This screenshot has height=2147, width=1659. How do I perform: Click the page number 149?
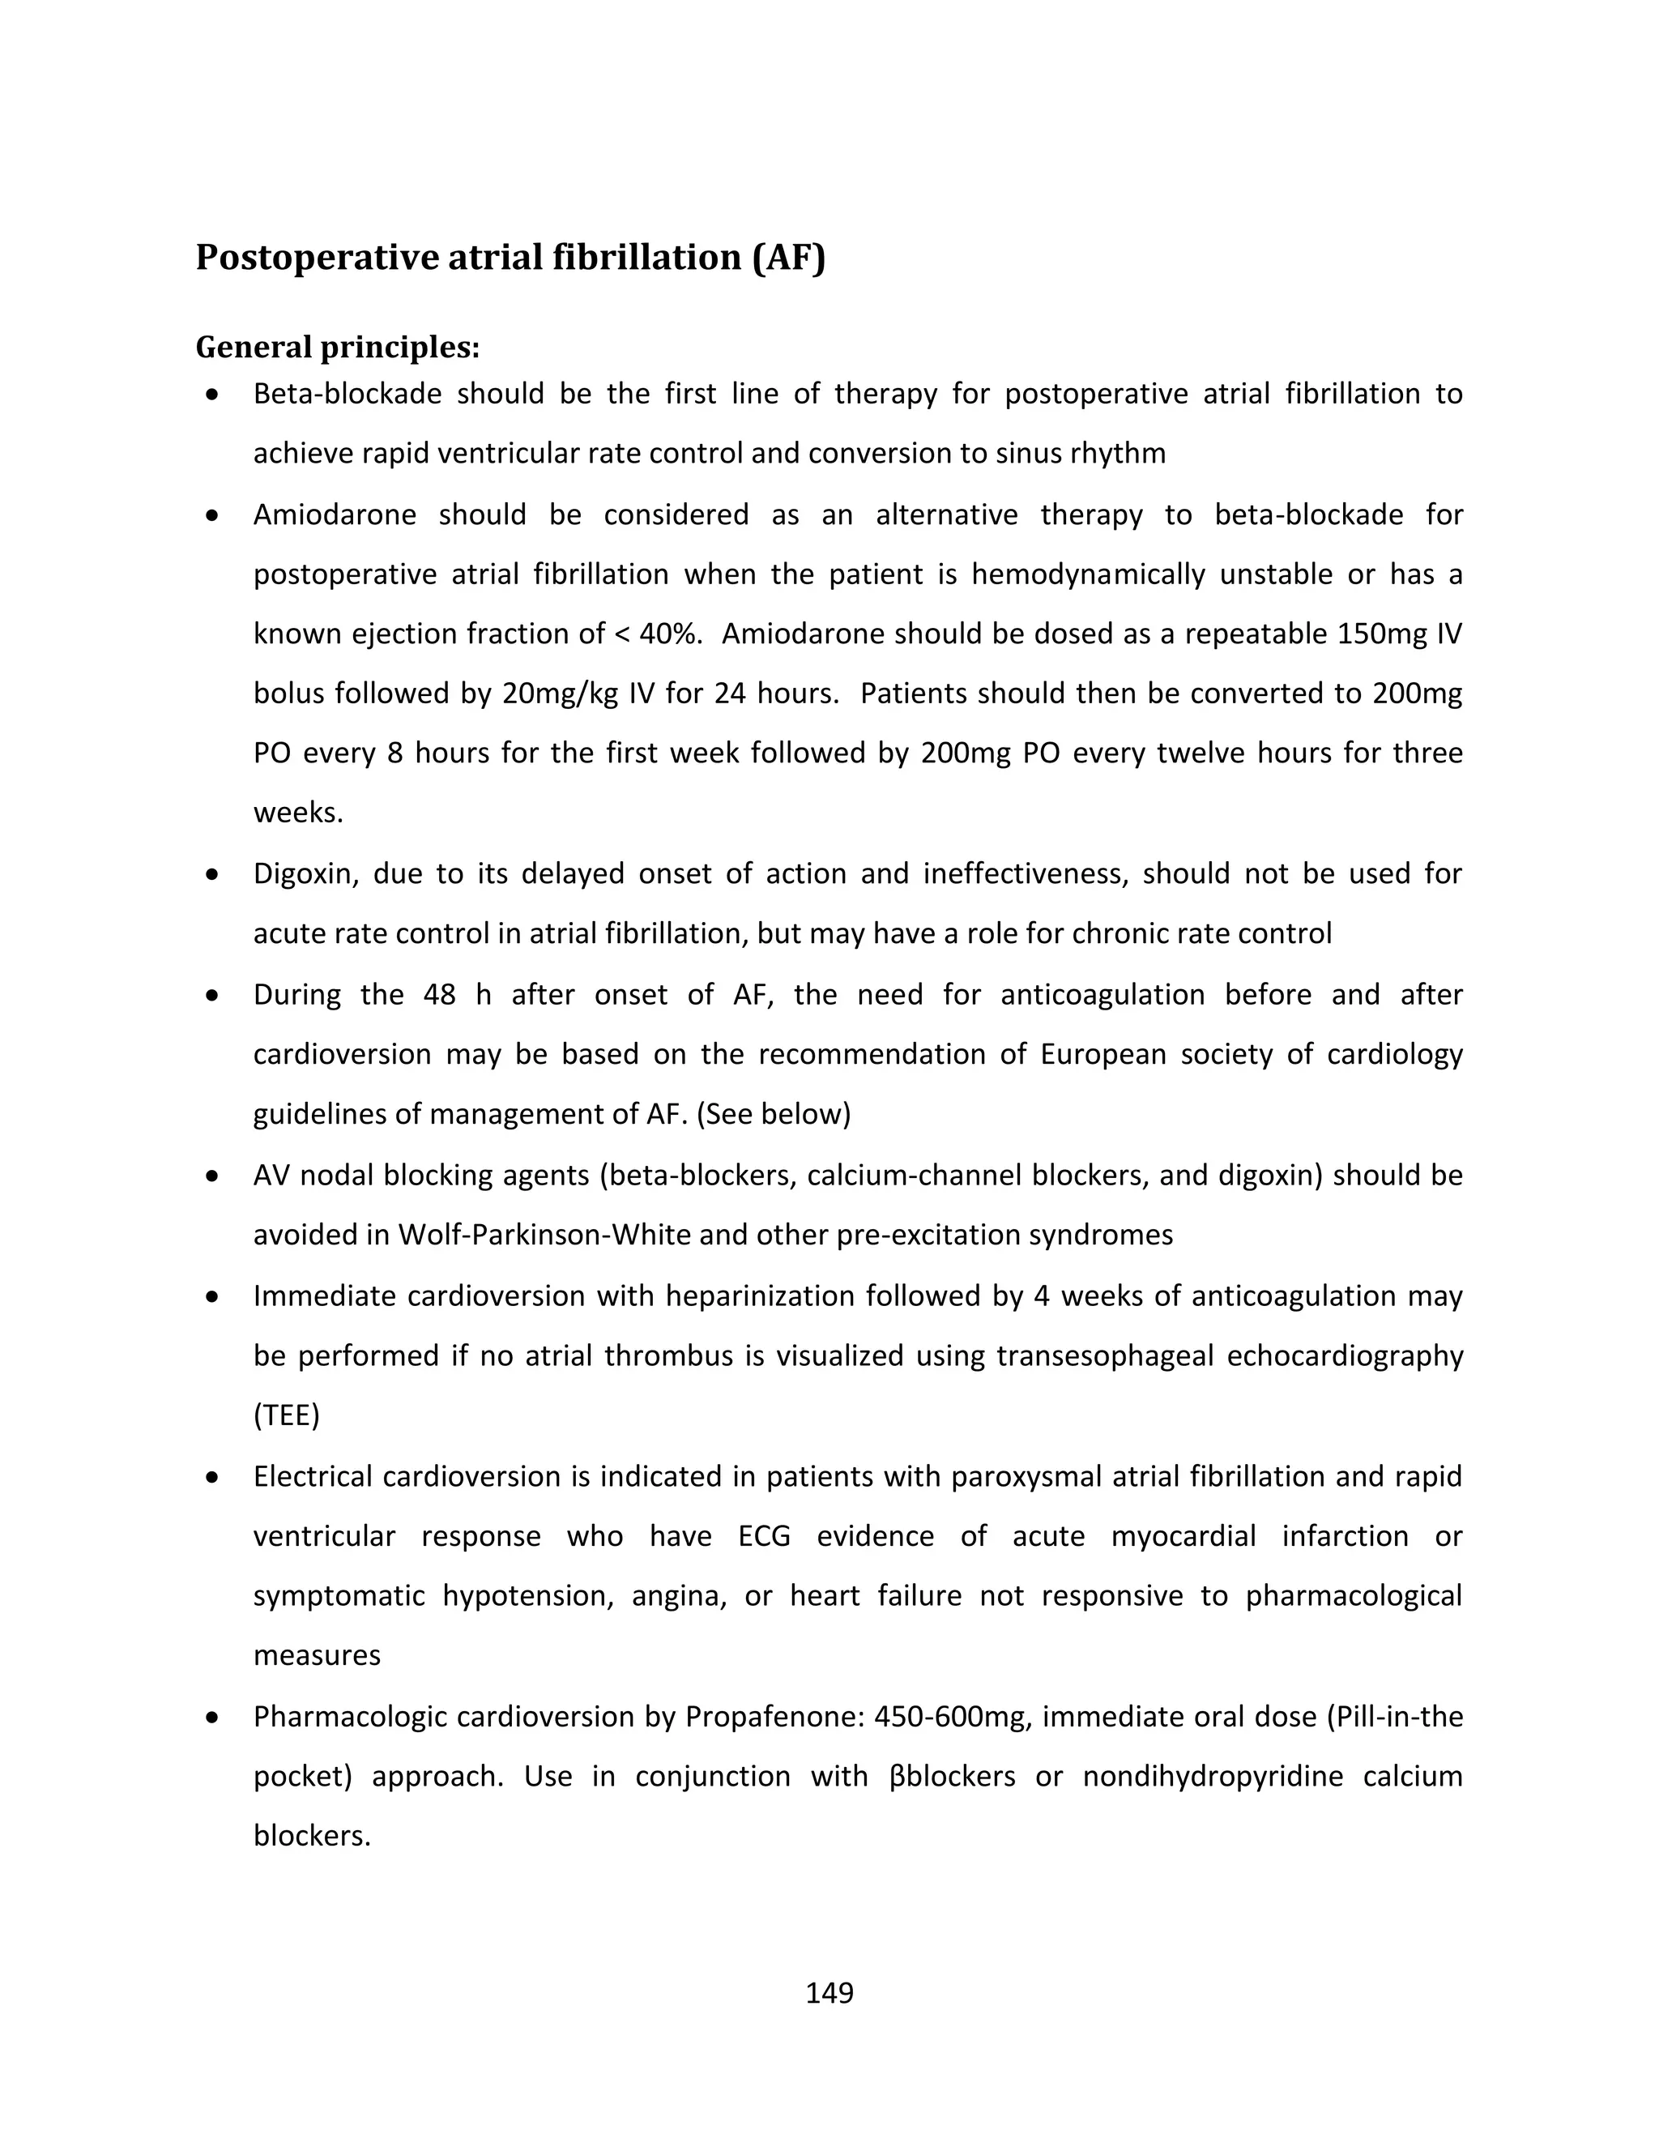(829, 1993)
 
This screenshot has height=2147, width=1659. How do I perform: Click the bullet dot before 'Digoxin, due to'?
(212, 874)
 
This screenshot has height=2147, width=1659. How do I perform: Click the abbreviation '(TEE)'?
(286, 1415)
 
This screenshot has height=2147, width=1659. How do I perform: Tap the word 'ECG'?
(764, 1536)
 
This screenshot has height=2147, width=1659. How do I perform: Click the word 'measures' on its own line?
(317, 1655)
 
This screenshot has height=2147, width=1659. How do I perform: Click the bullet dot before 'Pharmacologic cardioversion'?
(212, 1718)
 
